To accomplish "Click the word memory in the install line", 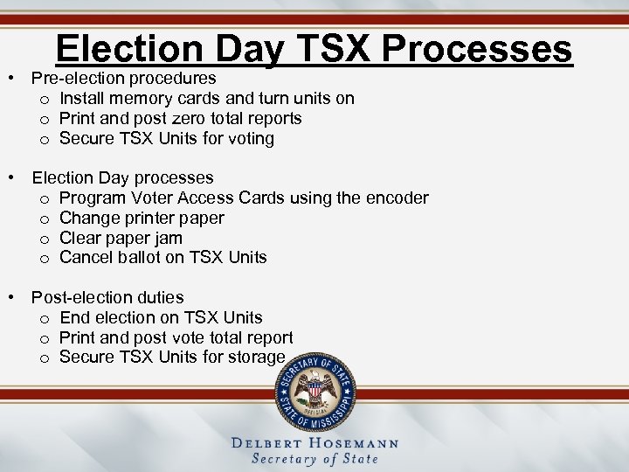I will pos(135,99).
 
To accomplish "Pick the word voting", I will pos(251,138).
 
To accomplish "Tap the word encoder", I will pos(397,198).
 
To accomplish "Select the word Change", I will pos(88,218).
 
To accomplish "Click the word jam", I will pos(168,238).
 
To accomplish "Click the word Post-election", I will pos(78,297).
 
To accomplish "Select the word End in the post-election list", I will pos(75,317).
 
